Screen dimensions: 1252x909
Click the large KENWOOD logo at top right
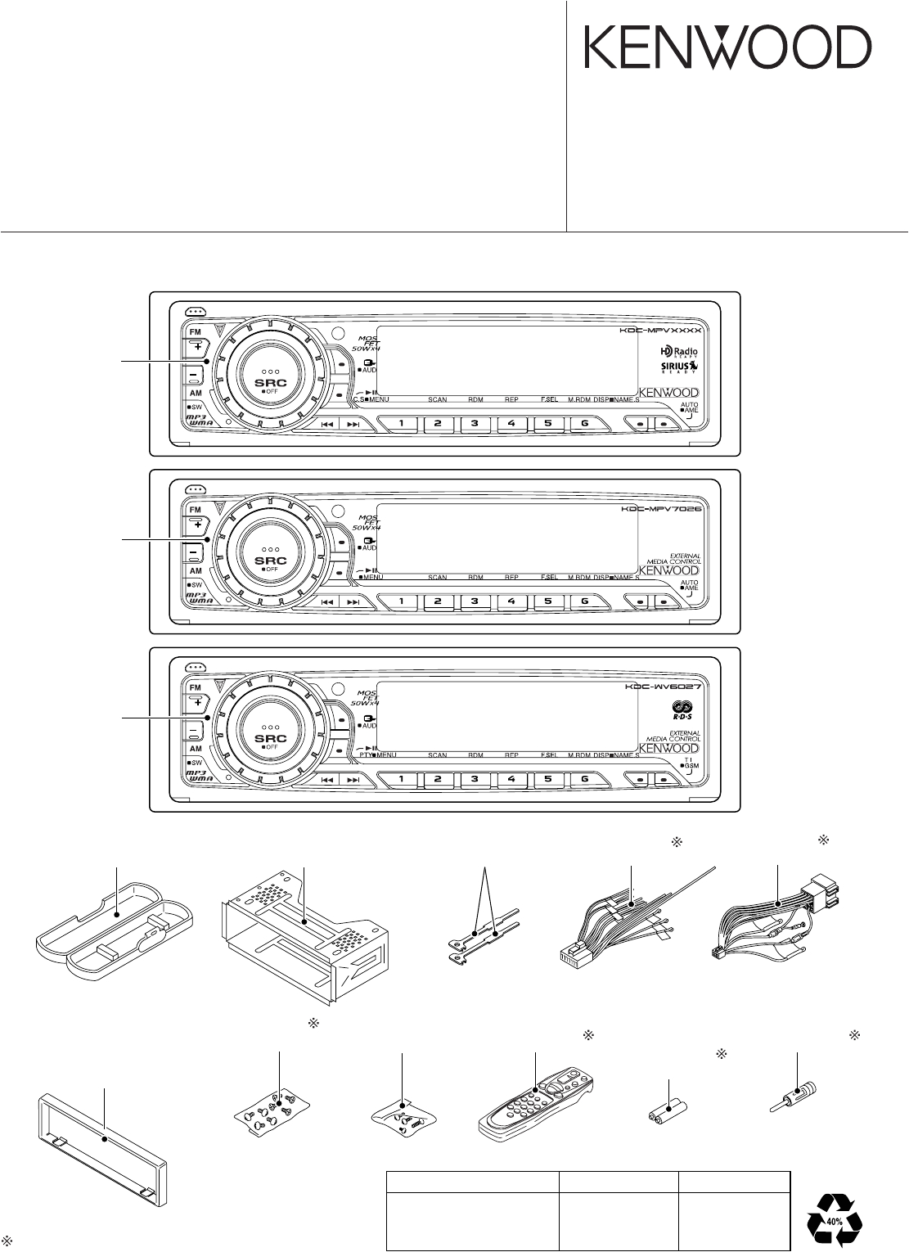(727, 47)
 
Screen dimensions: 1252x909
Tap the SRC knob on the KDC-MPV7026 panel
(264, 556)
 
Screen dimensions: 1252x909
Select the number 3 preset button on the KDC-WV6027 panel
(474, 778)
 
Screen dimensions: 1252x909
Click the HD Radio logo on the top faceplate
(679, 350)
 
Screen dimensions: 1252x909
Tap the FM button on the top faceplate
(196, 332)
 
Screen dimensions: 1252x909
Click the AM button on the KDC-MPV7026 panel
(196, 570)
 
